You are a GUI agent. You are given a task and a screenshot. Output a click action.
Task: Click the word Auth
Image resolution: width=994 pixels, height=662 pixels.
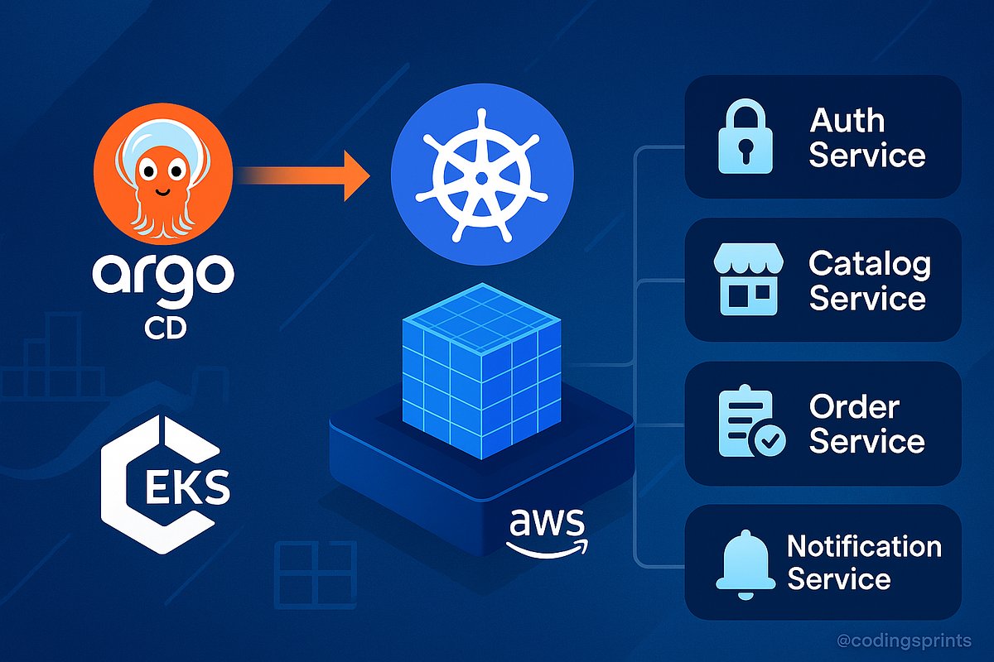[847, 121]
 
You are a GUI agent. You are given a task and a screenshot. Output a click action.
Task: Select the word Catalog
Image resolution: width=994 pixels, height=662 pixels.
[869, 265]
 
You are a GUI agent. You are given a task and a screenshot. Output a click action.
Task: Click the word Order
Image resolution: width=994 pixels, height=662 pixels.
[854, 407]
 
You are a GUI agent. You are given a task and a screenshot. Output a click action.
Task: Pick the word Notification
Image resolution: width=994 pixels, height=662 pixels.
[864, 547]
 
